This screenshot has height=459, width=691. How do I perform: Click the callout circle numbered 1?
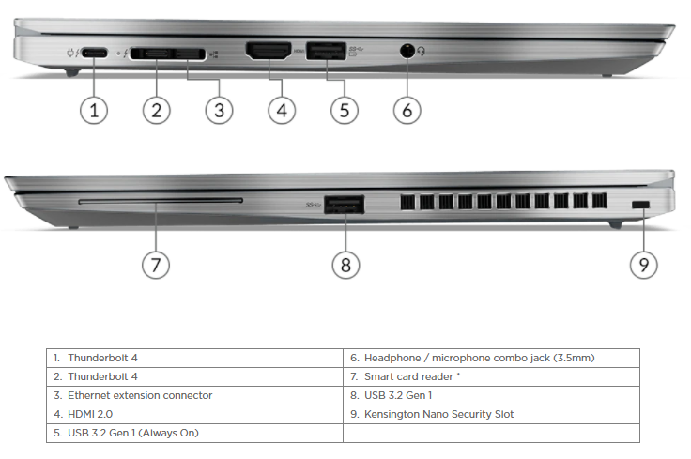coord(93,110)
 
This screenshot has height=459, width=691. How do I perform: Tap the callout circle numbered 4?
coord(282,110)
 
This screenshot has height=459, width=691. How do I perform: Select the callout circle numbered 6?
coord(407,110)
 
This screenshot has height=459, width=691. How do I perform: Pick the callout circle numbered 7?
coord(156,265)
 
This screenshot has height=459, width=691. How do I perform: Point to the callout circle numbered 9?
coord(643,265)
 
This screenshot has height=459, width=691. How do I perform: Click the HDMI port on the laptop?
coord(268,52)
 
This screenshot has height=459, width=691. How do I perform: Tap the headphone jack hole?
coord(407,51)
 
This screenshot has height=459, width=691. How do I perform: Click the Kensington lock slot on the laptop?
coord(643,206)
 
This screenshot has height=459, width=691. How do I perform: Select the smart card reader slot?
coord(161,200)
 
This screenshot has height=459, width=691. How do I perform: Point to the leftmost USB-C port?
coord(94,53)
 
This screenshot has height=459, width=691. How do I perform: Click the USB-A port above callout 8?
coord(345,203)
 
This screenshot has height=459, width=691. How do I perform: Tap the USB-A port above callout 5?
coord(324,51)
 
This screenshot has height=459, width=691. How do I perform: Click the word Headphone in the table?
coord(391,358)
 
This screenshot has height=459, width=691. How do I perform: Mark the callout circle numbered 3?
coord(219,110)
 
